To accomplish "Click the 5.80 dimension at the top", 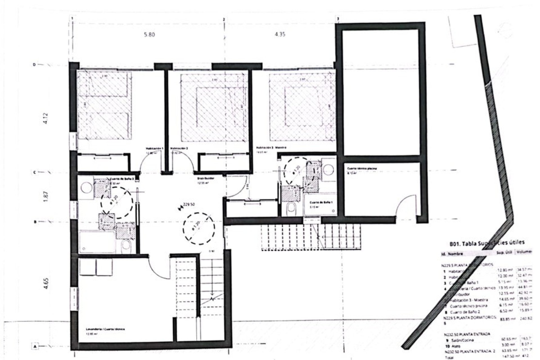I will click(x=149, y=35).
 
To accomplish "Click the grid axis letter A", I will click(x=35, y=347).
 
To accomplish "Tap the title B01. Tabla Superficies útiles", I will click(x=487, y=244).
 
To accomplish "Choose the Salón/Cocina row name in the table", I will click(x=459, y=340).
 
